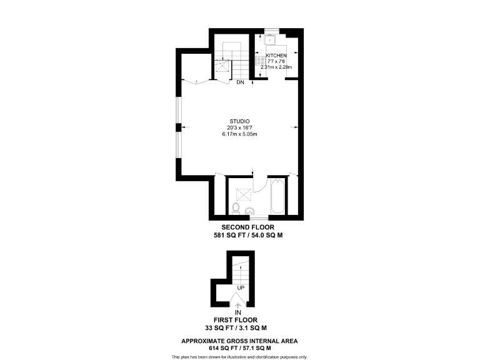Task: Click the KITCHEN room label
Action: (276, 56)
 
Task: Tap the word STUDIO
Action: (239, 121)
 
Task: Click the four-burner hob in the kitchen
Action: (260, 61)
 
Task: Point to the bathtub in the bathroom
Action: (279, 196)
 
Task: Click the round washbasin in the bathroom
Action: (250, 211)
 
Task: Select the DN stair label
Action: (240, 82)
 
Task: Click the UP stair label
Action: (240, 287)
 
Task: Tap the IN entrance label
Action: (237, 312)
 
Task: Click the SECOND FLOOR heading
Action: (248, 227)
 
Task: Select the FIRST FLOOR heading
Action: (237, 319)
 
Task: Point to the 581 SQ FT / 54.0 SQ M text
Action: (248, 236)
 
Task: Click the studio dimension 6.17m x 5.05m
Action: (239, 134)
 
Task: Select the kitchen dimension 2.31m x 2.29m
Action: (276, 67)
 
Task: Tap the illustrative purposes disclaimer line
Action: (239, 356)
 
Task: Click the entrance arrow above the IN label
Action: (237, 304)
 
